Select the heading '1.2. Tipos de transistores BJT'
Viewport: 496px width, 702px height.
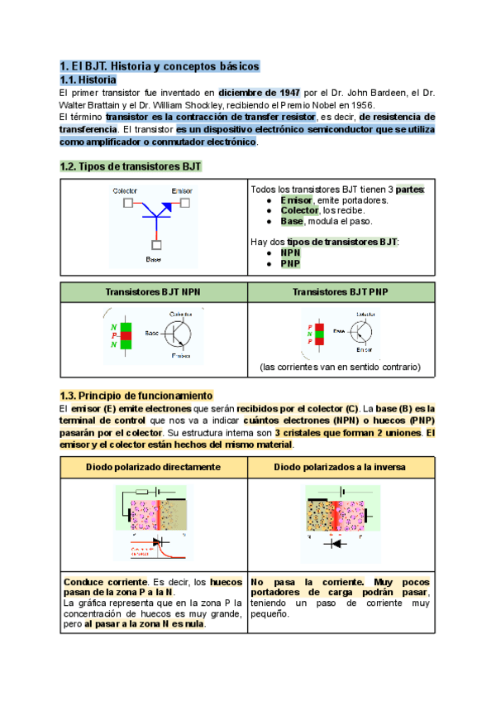tap(131, 166)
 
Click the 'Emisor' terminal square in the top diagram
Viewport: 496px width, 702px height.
tap(185, 203)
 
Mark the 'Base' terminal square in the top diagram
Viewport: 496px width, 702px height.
tap(155, 244)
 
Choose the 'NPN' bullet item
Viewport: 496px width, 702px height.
tap(290, 252)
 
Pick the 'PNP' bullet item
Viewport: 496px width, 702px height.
tap(290, 264)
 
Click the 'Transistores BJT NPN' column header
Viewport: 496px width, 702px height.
tap(154, 292)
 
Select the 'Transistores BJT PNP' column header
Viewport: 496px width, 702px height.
tap(341, 292)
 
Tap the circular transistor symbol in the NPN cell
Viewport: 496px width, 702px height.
tap(177, 334)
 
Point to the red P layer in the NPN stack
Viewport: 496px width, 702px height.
tap(126, 335)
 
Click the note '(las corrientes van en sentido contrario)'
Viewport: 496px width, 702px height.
tap(341, 367)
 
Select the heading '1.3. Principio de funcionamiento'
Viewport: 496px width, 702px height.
tap(136, 395)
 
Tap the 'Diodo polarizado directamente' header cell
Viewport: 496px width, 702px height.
tap(154, 467)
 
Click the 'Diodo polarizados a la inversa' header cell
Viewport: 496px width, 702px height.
tap(341, 467)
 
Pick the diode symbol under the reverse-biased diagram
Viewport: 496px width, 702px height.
tap(336, 544)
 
